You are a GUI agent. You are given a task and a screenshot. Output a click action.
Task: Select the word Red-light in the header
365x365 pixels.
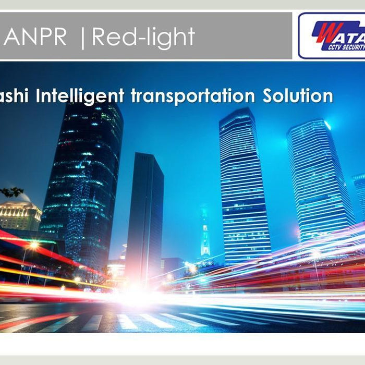point(143,37)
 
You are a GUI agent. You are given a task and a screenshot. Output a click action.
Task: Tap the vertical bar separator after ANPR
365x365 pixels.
point(82,38)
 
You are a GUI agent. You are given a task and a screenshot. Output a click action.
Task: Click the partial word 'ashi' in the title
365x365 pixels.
point(16,96)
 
